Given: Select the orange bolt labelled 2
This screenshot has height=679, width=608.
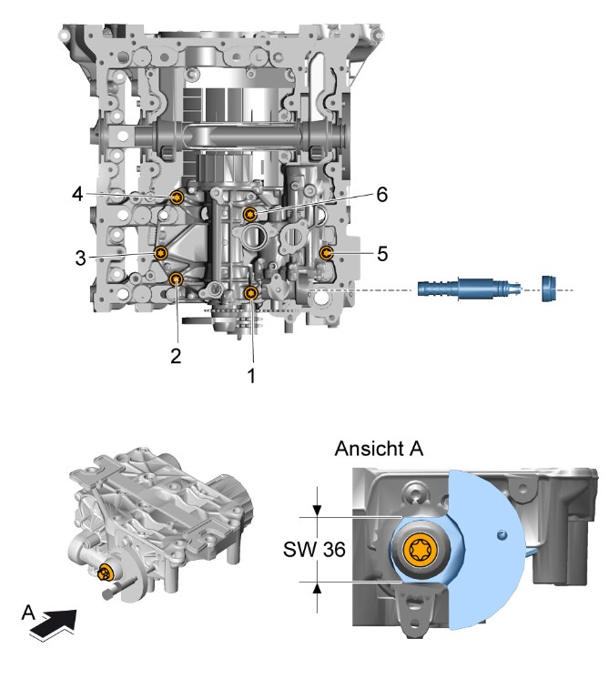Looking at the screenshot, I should coord(177,279).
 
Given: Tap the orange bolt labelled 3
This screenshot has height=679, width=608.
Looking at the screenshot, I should coord(161,253).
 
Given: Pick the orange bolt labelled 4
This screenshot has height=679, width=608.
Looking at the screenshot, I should coord(177,198).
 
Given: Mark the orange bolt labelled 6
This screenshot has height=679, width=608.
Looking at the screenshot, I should coord(249,214).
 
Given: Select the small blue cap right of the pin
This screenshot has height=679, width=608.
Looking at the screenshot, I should coord(551,289).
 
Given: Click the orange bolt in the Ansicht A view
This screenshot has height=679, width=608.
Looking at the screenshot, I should coord(422,551).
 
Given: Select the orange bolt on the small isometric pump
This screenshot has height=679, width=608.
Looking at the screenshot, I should coord(106,573).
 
